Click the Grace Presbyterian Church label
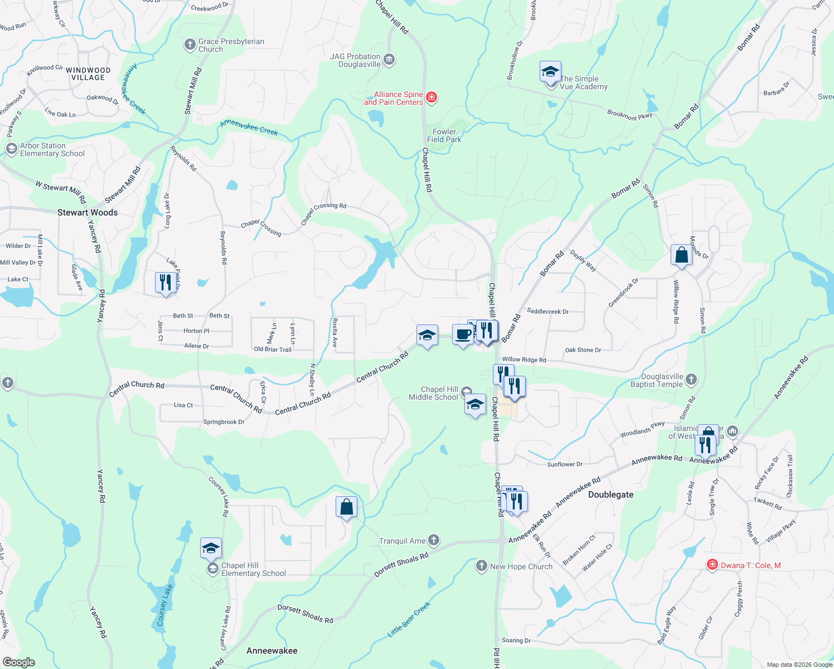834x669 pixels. click(x=231, y=45)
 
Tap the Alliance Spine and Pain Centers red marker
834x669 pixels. click(x=431, y=98)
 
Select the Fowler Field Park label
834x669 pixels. click(x=444, y=135)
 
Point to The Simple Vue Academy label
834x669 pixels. click(x=583, y=83)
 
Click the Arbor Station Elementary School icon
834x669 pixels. click(x=11, y=149)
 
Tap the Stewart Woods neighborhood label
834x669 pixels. click(x=88, y=212)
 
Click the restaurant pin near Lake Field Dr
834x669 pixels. click(x=166, y=283)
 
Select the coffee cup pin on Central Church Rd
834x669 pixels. click(x=463, y=334)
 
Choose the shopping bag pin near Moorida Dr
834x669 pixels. click(x=681, y=255)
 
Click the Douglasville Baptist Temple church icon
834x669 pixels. click(x=691, y=380)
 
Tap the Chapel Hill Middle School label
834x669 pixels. click(x=433, y=393)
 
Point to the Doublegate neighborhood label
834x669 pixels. click(x=610, y=495)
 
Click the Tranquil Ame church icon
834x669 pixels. click(x=434, y=540)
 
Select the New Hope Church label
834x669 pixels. click(x=521, y=566)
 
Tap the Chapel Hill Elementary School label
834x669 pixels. click(x=253, y=569)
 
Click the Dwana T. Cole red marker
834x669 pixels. click(x=712, y=565)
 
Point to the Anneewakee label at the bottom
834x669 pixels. click(x=271, y=651)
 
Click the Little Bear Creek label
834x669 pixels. click(x=409, y=619)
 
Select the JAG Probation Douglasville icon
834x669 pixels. click(x=389, y=59)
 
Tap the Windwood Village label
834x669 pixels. click(x=88, y=74)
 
